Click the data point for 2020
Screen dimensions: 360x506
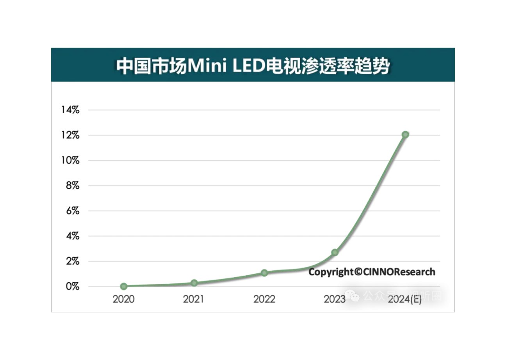124,286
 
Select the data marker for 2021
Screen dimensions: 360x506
194,283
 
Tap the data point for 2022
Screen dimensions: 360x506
264,273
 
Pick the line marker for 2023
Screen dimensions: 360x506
335,253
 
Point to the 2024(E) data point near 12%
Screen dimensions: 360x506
405,134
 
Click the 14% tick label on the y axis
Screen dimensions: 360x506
70,110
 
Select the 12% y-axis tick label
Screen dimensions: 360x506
70,135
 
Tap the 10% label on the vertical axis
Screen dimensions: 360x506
70,160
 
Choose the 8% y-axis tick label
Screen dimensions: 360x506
72,186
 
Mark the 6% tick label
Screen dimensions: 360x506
72,211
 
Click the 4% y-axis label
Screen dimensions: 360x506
72,236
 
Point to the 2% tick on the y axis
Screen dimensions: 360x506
72,261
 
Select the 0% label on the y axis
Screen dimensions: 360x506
72,287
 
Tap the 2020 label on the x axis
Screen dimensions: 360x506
124,299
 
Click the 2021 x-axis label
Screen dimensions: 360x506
194,299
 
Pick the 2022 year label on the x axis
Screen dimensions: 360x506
264,299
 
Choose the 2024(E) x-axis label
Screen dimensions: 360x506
405,299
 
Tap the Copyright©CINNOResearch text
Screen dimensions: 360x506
372,272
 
